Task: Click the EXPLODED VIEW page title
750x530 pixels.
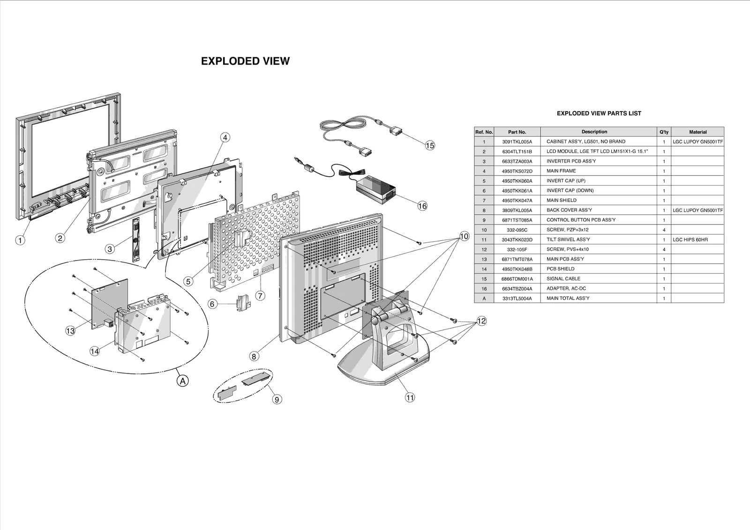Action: tap(245, 61)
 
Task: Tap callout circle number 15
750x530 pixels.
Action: tap(430, 145)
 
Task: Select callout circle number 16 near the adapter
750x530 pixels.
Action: tap(422, 206)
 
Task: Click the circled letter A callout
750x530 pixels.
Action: tap(183, 381)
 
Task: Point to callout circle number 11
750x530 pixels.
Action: tap(410, 397)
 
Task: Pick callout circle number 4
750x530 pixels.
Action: tap(225, 137)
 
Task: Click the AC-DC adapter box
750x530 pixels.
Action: tap(375, 187)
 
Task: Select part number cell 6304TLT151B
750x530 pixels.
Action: tap(517, 151)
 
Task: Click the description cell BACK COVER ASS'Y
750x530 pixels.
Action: tap(569, 210)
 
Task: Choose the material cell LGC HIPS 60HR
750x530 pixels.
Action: tap(690, 239)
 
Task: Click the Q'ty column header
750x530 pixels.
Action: tap(664, 132)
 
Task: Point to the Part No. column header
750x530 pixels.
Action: tap(517, 132)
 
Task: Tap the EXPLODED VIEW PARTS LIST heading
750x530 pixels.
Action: tap(599, 113)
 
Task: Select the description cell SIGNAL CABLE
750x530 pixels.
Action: tap(563, 278)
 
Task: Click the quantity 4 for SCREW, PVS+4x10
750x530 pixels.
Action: tap(664, 249)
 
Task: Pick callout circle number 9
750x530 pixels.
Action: tap(277, 399)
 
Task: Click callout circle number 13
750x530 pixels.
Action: tap(70, 331)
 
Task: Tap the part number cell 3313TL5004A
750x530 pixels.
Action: tap(517, 298)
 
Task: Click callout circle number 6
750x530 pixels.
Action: tap(212, 304)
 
